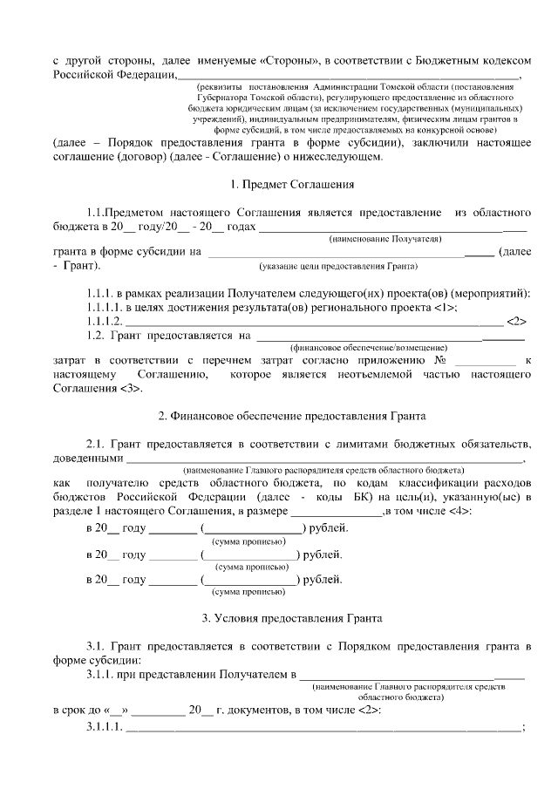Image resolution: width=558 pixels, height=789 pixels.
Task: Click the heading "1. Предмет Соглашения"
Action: (291, 185)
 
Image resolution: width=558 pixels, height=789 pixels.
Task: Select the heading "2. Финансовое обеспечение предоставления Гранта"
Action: (291, 413)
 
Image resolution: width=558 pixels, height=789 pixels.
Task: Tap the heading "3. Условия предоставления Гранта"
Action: (291, 618)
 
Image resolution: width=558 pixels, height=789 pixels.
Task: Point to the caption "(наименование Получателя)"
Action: (384, 238)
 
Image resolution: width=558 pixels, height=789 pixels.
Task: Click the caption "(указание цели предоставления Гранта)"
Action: (338, 265)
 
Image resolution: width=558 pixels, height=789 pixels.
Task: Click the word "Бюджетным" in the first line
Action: (443, 62)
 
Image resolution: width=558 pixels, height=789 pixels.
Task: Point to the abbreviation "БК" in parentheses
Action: (338, 495)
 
